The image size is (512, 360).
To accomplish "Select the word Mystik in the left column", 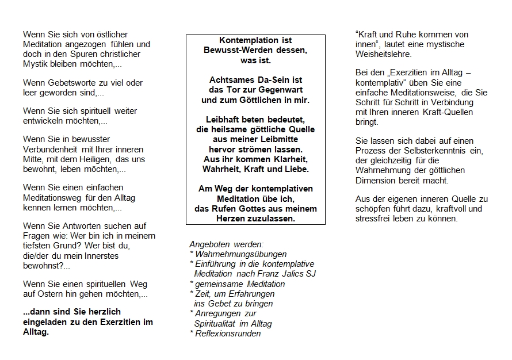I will (x=36, y=64).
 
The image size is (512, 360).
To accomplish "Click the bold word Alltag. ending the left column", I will (x=36, y=332).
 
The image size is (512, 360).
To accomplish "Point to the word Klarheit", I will (x=288, y=159).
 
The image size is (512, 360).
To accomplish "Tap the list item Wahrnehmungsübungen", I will (x=240, y=254).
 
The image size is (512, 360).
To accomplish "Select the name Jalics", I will (x=291, y=274).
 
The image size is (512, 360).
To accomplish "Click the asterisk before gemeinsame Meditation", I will (x=191, y=284).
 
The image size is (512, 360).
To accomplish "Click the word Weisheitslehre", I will (x=383, y=54).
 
